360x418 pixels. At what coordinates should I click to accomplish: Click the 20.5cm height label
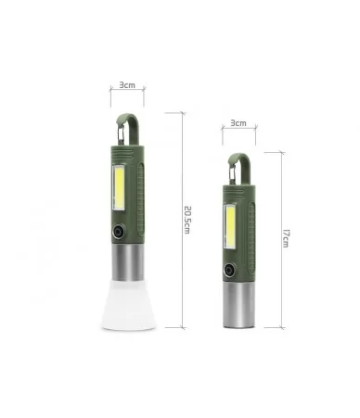coord(187,220)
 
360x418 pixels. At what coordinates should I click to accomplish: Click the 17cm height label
coord(286,238)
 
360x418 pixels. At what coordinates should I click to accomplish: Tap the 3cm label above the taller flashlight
coord(127,85)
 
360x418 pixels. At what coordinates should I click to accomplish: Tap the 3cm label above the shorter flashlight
coord(238,123)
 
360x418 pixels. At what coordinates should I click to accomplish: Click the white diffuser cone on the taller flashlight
coord(129,304)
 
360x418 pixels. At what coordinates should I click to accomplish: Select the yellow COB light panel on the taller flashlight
coord(119,187)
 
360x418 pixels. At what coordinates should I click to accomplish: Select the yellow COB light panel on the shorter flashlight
coord(230,226)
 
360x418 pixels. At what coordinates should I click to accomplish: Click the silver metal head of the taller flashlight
coord(127,263)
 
